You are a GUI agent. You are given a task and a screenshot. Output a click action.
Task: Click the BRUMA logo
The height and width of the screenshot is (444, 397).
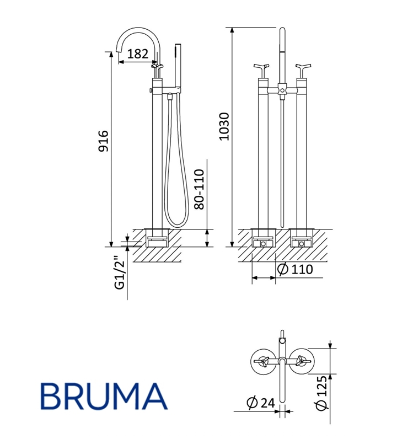point(104,396)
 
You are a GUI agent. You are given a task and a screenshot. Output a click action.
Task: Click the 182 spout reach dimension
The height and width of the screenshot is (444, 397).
point(138,54)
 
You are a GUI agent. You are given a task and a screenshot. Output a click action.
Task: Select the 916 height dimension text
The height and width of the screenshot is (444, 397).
point(103,141)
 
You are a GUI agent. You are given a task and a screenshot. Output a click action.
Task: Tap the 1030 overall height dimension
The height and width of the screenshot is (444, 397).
point(224,126)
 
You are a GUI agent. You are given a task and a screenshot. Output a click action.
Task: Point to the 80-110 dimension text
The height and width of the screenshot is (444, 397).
point(199,189)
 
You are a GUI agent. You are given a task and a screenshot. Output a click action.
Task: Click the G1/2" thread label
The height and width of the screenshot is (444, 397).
point(120,272)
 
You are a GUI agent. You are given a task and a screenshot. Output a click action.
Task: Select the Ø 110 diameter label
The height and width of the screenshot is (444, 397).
point(295,269)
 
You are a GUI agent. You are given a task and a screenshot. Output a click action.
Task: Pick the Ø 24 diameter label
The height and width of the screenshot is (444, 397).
point(261,403)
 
